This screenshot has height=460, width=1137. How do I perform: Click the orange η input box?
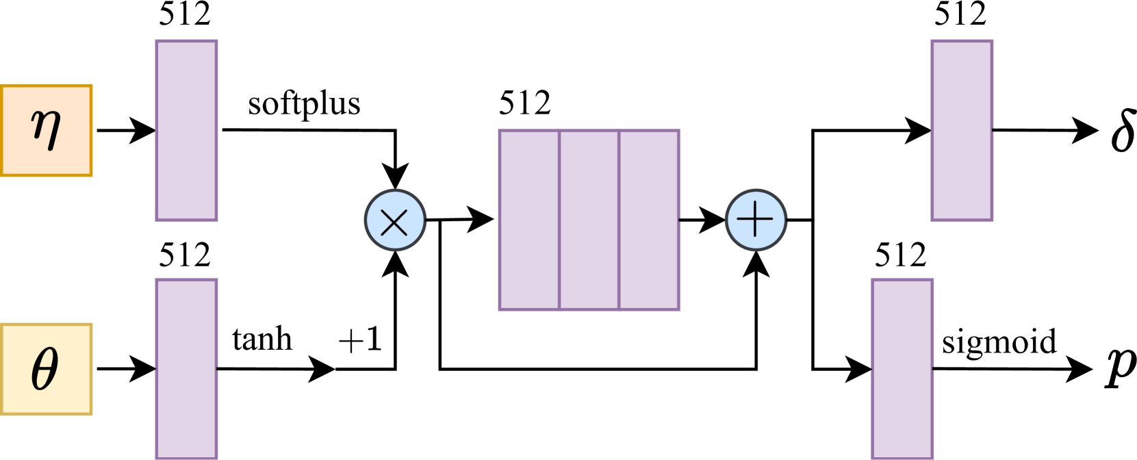(46, 130)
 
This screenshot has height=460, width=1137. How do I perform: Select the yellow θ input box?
(46, 369)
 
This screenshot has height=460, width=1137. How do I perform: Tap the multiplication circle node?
(395, 220)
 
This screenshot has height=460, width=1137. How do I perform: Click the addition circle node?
(756, 220)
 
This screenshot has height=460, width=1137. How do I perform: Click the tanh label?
(262, 340)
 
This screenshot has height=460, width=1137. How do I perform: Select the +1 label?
(360, 340)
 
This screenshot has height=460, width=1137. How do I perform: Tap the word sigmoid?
(999, 342)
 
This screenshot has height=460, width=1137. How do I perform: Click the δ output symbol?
(1123, 130)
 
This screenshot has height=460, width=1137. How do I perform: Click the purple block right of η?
(186, 130)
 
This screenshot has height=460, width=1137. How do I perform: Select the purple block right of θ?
(186, 369)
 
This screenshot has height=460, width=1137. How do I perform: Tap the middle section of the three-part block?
(589, 220)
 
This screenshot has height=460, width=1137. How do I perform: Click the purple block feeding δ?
(962, 130)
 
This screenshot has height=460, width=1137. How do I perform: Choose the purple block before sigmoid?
(902, 369)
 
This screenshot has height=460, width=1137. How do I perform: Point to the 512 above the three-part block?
(524, 103)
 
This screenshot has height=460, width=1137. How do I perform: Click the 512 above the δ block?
(960, 14)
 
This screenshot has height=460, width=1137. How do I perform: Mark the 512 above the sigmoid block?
(900, 256)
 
